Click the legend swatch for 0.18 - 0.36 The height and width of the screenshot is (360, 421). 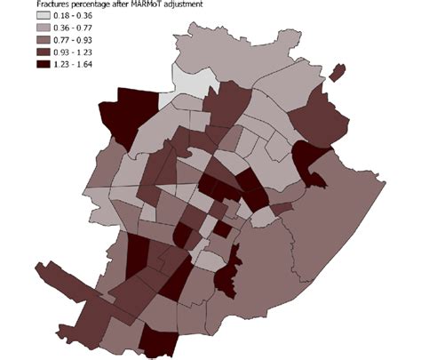[44, 15]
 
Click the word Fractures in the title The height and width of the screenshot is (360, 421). [53, 4]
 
